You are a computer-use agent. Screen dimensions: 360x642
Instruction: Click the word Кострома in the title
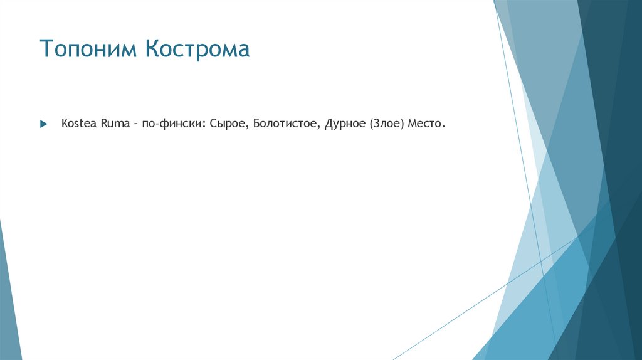(197, 49)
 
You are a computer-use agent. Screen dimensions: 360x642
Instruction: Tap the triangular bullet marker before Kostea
(43, 124)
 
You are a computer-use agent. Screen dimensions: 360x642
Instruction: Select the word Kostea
(79, 124)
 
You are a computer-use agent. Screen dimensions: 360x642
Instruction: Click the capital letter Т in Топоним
(46, 49)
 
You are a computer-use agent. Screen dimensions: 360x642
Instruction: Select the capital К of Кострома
(153, 49)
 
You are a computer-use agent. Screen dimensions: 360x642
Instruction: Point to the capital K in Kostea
(64, 124)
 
